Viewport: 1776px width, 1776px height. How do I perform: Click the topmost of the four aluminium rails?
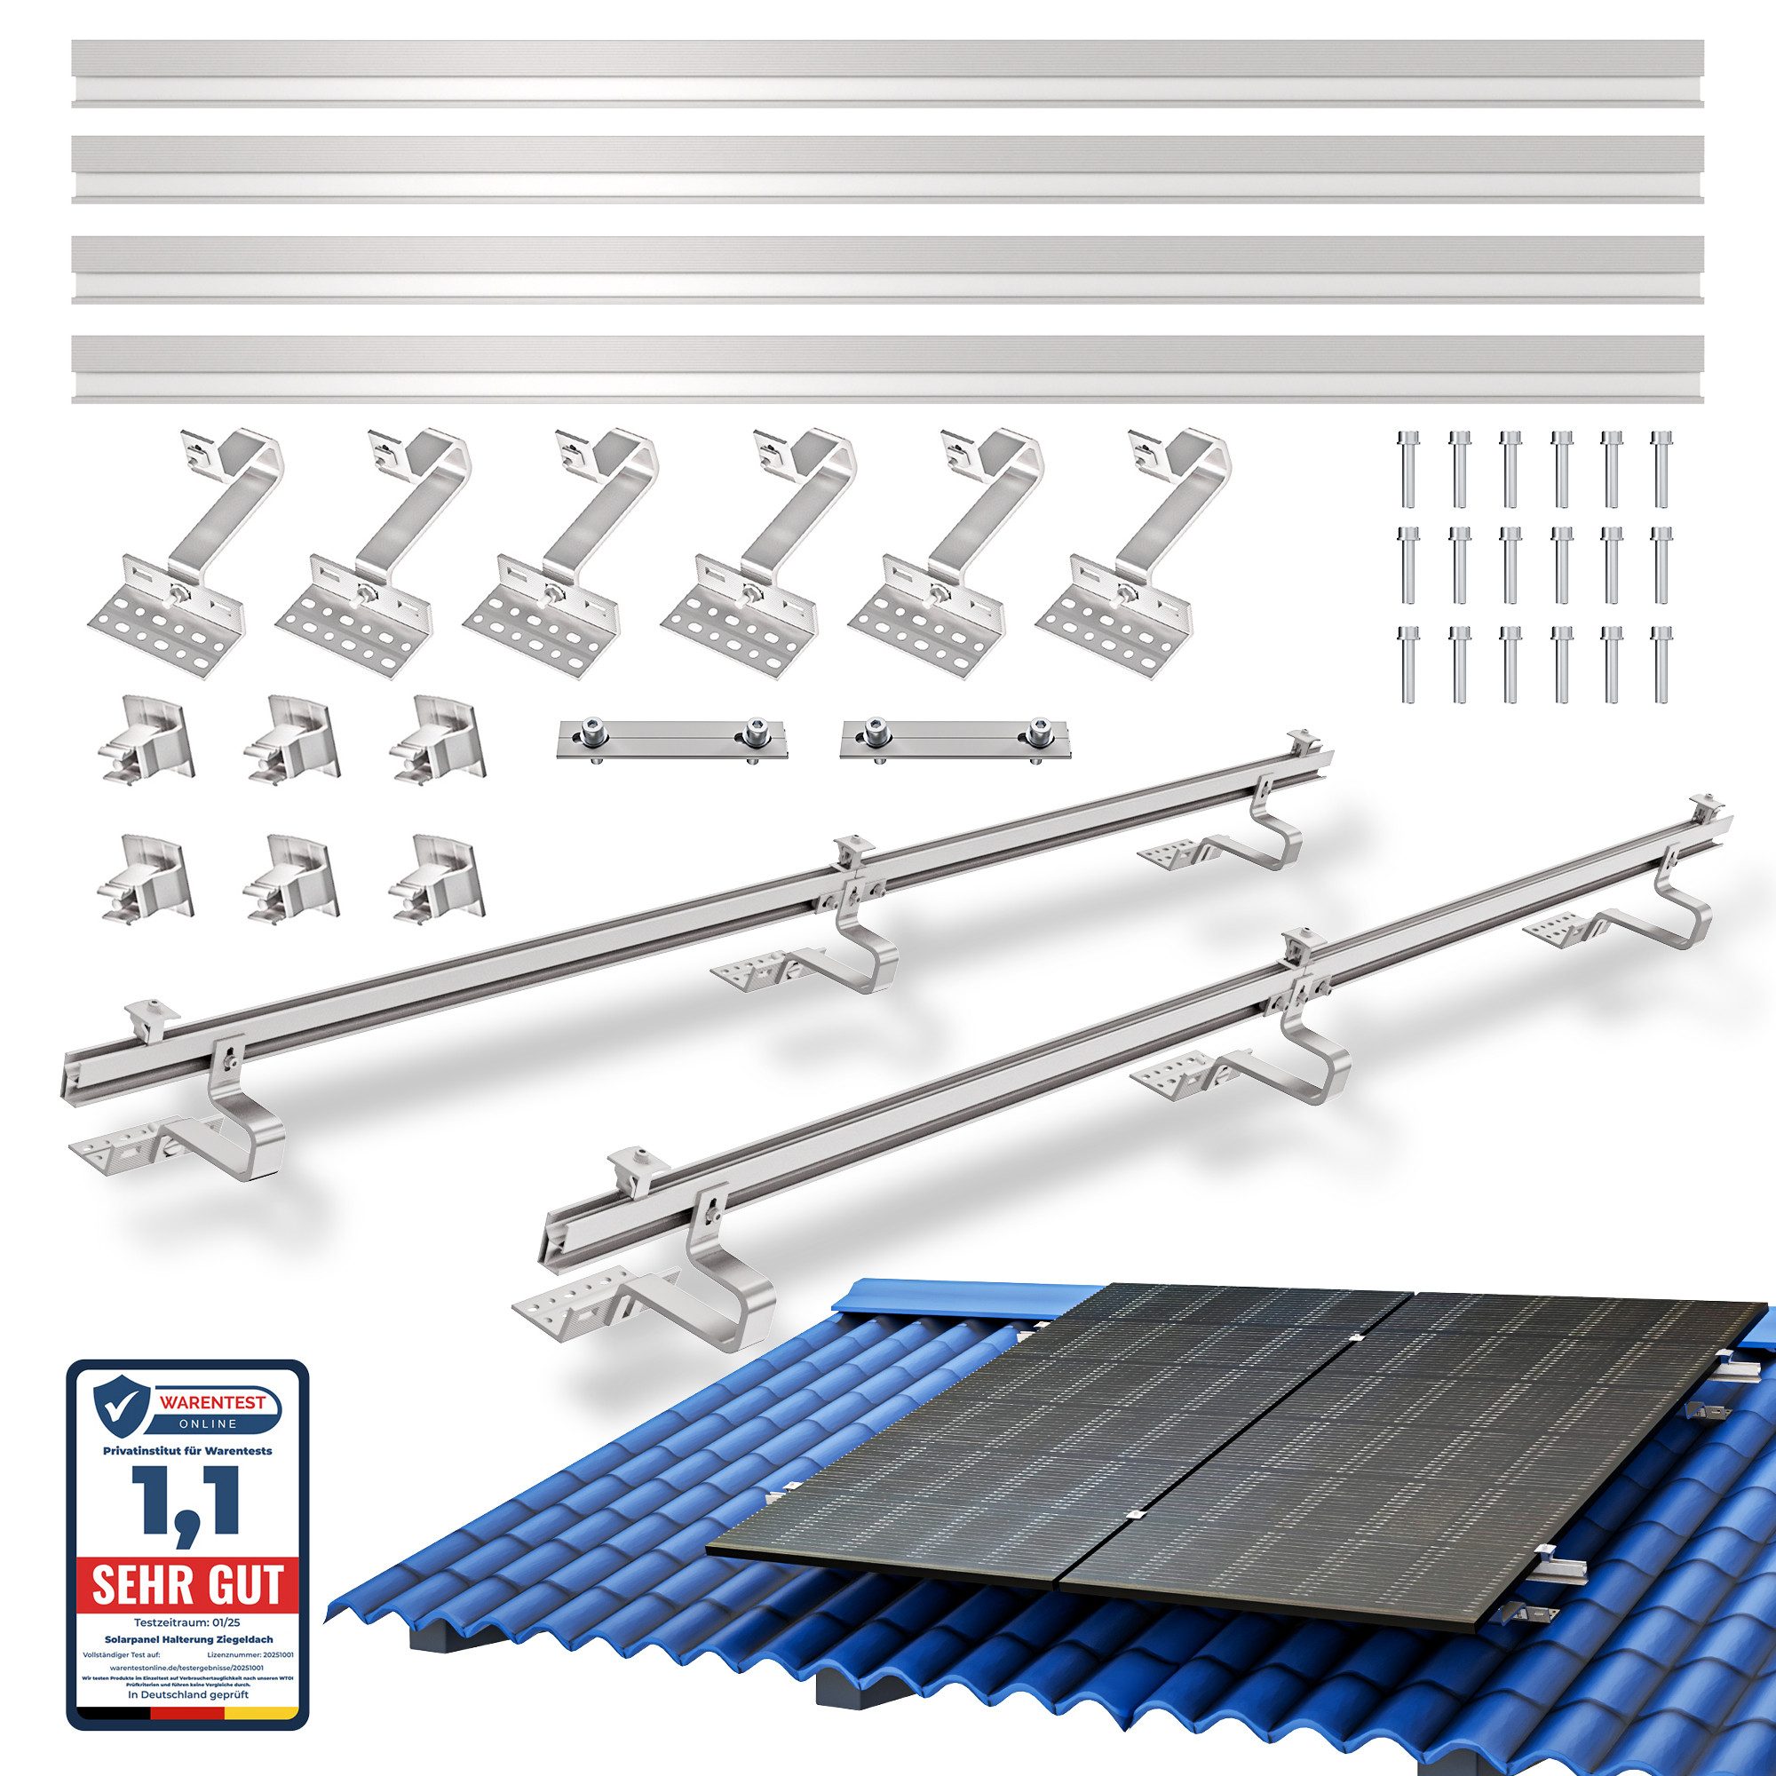pos(888,74)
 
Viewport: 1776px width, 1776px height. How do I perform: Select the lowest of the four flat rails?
pos(888,369)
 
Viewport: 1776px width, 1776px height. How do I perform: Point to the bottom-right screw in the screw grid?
pos(1661,663)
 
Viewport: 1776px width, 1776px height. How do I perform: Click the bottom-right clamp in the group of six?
pos(436,878)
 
